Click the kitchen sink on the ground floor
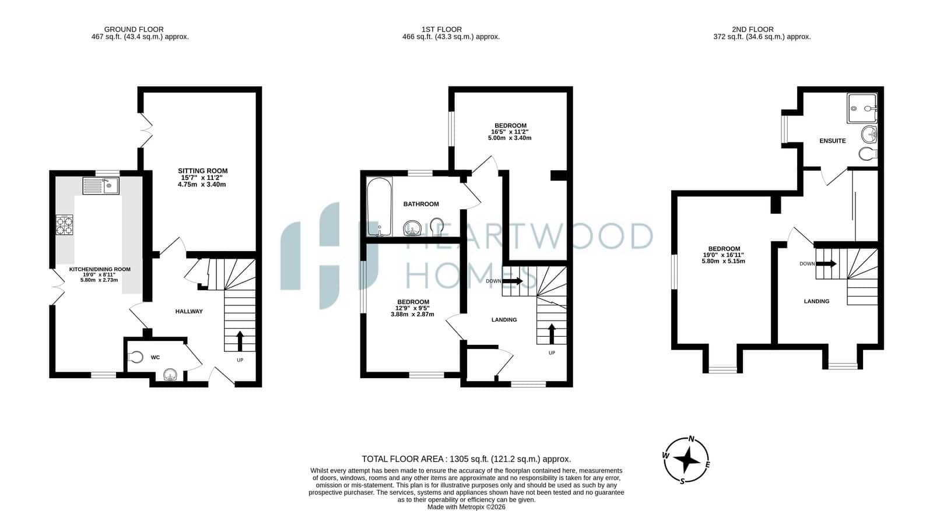click(101, 186)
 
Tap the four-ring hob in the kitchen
click(64, 225)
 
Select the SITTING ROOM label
click(203, 171)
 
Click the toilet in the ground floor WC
click(135, 357)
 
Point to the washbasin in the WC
click(171, 375)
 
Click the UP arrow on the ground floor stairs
click(240, 341)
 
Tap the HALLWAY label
click(189, 311)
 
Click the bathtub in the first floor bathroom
click(380, 207)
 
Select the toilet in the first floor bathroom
click(437, 227)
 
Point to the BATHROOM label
click(421, 204)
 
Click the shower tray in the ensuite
click(862, 108)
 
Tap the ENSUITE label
click(833, 140)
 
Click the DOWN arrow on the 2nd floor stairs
click(826, 263)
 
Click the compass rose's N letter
click(692, 439)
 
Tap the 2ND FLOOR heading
click(753, 29)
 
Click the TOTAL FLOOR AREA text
click(402, 459)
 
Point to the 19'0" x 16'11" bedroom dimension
click(724, 255)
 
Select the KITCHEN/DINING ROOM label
click(100, 269)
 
